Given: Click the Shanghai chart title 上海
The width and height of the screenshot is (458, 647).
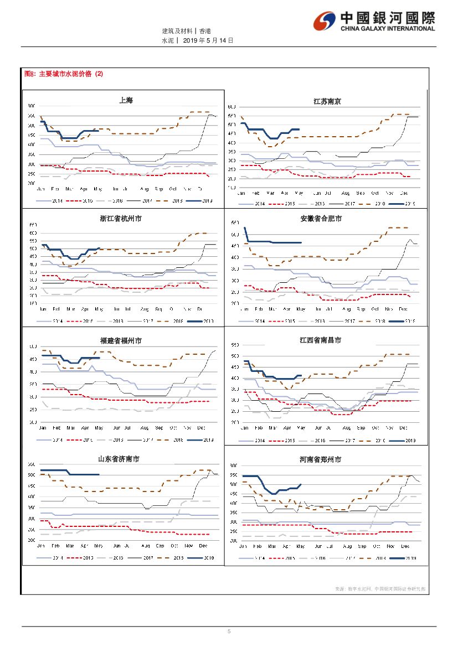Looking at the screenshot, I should pyautogui.click(x=126, y=100).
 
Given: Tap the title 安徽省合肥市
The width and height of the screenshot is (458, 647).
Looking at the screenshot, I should pyautogui.click(x=321, y=219).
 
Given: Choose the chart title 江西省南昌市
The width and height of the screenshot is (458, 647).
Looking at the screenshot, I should pyautogui.click(x=321, y=340).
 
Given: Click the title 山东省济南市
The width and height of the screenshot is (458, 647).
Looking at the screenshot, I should pyautogui.click(x=119, y=459).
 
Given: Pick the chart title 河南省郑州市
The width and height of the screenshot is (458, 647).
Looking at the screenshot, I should pyautogui.click(x=320, y=459).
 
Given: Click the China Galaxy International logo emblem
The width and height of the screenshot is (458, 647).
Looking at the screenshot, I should pyautogui.click(x=324, y=22).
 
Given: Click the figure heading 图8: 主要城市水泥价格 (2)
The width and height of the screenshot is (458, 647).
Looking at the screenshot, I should pyautogui.click(x=64, y=74).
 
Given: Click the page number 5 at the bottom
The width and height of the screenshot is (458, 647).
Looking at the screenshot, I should pyautogui.click(x=229, y=632).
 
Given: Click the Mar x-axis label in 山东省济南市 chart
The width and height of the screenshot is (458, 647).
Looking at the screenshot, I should pyautogui.click(x=70, y=545).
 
